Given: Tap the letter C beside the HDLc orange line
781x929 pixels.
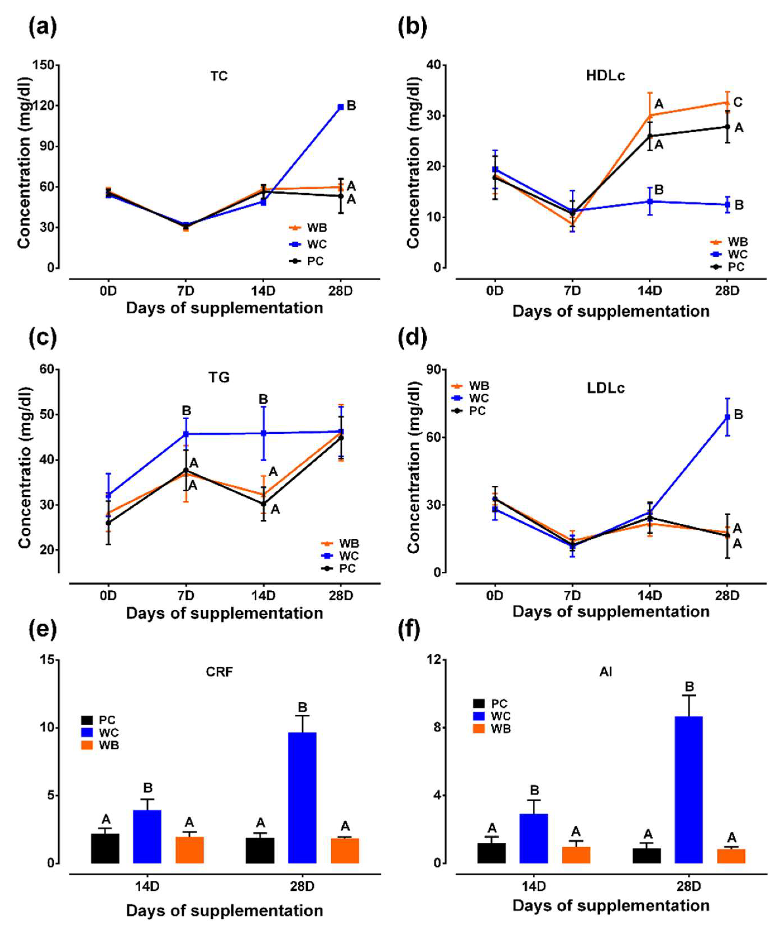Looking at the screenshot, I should click(738, 103).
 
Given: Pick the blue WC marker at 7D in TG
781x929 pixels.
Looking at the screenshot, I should click(186, 434).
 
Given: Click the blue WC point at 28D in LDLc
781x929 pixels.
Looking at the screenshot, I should click(727, 417).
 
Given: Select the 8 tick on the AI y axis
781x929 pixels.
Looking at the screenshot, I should click(436, 727).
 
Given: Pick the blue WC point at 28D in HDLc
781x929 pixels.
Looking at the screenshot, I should click(727, 205).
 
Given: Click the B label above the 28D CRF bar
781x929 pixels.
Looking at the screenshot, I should click(302, 707).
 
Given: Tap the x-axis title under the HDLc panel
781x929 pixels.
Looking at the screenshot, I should click(611, 311).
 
